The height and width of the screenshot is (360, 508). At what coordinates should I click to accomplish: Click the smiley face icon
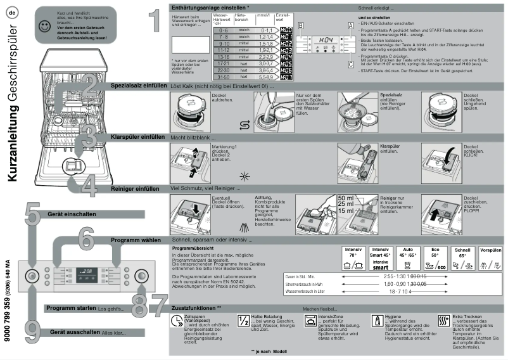[x=43, y=27]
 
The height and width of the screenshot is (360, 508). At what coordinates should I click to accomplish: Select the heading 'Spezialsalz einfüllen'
[x=138, y=85]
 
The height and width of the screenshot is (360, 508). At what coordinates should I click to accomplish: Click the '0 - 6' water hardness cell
[x=221, y=30]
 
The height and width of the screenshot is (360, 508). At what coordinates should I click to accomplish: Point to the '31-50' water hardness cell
[x=221, y=77]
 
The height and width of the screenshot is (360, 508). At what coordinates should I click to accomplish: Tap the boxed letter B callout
[x=301, y=25]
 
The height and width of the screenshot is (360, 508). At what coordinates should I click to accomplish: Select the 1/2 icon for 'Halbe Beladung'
[x=243, y=321]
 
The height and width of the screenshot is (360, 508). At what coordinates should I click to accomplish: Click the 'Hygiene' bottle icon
[x=376, y=321]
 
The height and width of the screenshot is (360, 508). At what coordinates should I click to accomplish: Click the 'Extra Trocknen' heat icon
[x=444, y=321]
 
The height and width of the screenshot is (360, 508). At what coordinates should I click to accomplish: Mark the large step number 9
[x=30, y=328]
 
